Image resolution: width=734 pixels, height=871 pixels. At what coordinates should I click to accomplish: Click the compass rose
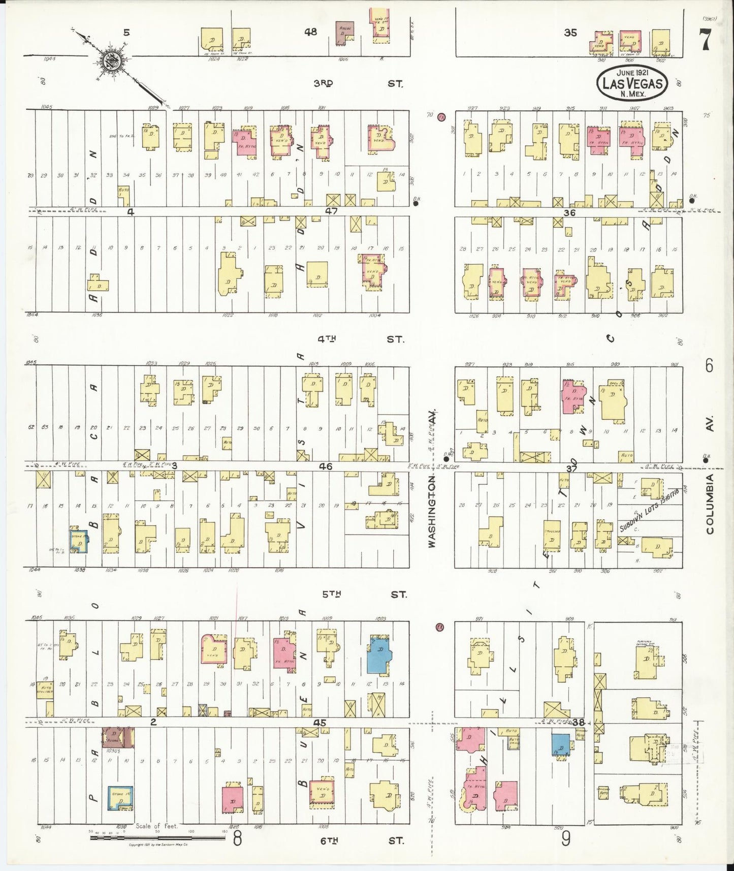point(110,60)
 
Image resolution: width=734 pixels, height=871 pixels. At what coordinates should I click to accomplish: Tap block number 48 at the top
point(310,32)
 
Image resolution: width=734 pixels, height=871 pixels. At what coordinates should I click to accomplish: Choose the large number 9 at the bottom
point(565,839)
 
